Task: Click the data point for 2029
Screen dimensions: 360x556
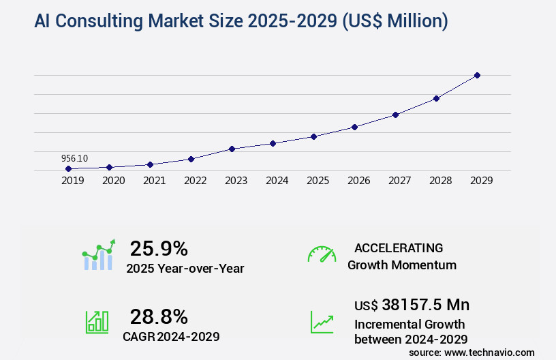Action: (x=477, y=75)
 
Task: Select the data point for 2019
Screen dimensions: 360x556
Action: (x=68, y=168)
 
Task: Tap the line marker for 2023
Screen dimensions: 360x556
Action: (x=232, y=149)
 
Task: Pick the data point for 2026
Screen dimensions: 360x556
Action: (x=354, y=127)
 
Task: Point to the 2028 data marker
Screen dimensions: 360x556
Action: (x=436, y=98)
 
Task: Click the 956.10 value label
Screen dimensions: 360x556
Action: (x=74, y=158)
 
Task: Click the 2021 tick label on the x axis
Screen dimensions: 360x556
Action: (x=154, y=181)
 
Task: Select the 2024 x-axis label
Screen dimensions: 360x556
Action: (x=277, y=181)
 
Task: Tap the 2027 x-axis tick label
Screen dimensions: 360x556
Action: (x=399, y=181)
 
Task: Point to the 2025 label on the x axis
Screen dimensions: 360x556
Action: (x=318, y=181)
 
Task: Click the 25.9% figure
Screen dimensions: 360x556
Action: (x=159, y=248)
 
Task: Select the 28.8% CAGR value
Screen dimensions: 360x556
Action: (x=159, y=316)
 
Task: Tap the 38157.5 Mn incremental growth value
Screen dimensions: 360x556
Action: (x=412, y=305)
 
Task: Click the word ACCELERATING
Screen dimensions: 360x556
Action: (x=399, y=247)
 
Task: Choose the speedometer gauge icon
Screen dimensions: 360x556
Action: (x=322, y=254)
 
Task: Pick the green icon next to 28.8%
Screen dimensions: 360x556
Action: (x=97, y=322)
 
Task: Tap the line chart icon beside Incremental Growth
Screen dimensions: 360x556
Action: (x=322, y=322)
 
